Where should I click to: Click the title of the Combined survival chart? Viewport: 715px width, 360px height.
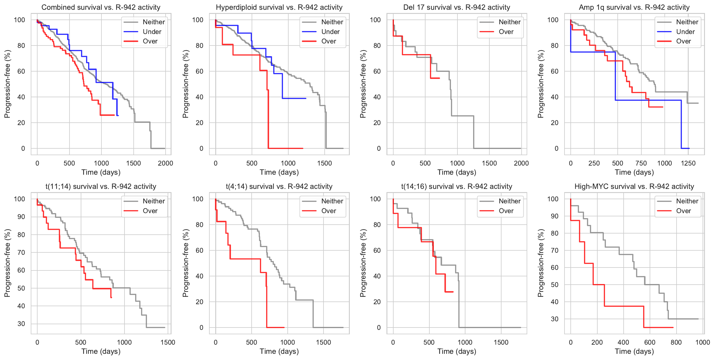pyautogui.click(x=101, y=7)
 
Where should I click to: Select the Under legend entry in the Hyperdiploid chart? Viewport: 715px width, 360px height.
pyautogui.click(x=330, y=32)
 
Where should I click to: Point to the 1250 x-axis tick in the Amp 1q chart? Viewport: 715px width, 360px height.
pyautogui.click(x=688, y=163)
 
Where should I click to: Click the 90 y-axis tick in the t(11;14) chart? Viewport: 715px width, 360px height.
pyautogui.click(x=21, y=217)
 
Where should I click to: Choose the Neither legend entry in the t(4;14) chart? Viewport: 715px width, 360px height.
pyautogui.click(x=332, y=201)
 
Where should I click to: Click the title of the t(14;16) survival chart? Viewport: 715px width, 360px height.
pyautogui.click(x=457, y=187)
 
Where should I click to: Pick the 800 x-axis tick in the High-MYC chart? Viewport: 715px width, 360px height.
pyautogui.click(x=676, y=342)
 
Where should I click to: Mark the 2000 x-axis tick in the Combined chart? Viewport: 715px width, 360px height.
pyautogui.click(x=165, y=163)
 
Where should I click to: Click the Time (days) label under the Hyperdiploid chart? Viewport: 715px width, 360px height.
pyautogui.click(x=279, y=172)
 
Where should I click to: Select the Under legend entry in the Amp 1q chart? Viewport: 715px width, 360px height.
pyautogui.click(x=685, y=32)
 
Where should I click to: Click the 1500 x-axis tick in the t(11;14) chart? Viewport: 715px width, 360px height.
pyautogui.click(x=168, y=342)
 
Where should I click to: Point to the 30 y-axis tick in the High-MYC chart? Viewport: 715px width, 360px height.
pyautogui.click(x=555, y=319)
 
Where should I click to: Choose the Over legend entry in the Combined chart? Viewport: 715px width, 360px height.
pyautogui.click(x=150, y=41)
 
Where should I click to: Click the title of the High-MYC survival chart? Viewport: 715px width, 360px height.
pyautogui.click(x=634, y=187)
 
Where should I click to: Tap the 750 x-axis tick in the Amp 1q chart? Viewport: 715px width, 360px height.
pyautogui.click(x=641, y=163)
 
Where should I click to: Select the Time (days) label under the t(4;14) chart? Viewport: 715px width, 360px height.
pyautogui.click(x=279, y=351)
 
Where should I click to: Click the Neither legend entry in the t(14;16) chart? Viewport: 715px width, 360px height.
pyautogui.click(x=509, y=201)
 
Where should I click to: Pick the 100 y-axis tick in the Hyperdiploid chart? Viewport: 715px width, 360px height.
pyautogui.click(x=198, y=20)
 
